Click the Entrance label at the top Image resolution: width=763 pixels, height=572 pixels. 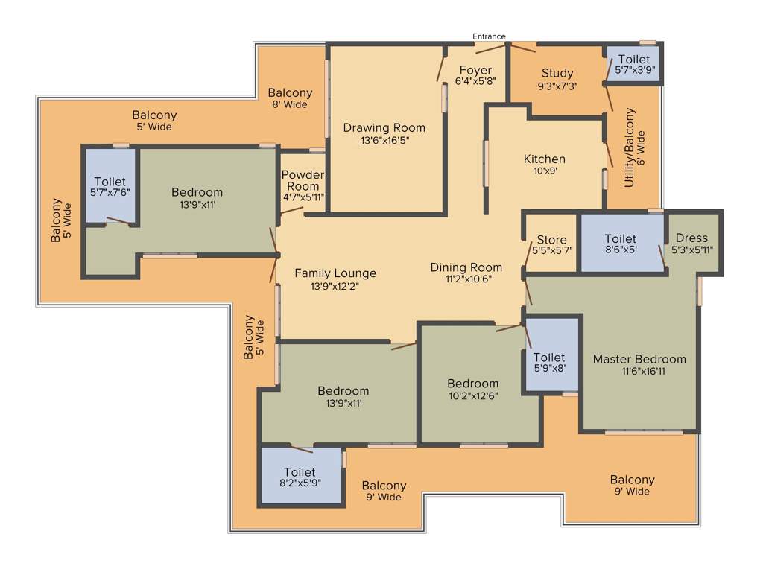489,36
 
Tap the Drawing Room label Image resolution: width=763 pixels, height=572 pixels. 384,128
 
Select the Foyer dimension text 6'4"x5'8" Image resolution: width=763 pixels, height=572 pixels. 475,82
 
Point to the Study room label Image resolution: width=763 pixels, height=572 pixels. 557,73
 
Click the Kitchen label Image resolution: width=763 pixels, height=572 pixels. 544,159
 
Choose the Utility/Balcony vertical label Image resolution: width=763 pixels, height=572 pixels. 630,147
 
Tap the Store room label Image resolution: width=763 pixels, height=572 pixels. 551,240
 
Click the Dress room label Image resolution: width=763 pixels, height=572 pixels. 692,238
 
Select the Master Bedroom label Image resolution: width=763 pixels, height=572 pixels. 639,359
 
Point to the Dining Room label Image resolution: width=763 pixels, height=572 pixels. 466,267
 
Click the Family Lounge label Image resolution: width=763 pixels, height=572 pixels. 335,273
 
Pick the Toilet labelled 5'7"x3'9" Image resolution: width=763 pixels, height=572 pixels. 633,60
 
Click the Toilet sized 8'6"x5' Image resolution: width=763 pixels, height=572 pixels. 620,238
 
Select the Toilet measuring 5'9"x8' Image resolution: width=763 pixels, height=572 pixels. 549,357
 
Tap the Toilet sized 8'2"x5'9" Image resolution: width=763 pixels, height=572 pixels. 300,472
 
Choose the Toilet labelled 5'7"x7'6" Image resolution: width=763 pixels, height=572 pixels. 110,182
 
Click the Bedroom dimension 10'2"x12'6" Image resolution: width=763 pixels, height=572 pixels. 472,395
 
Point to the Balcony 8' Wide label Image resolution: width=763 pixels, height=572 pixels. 290,93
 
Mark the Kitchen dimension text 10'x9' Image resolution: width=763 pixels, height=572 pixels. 544,171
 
